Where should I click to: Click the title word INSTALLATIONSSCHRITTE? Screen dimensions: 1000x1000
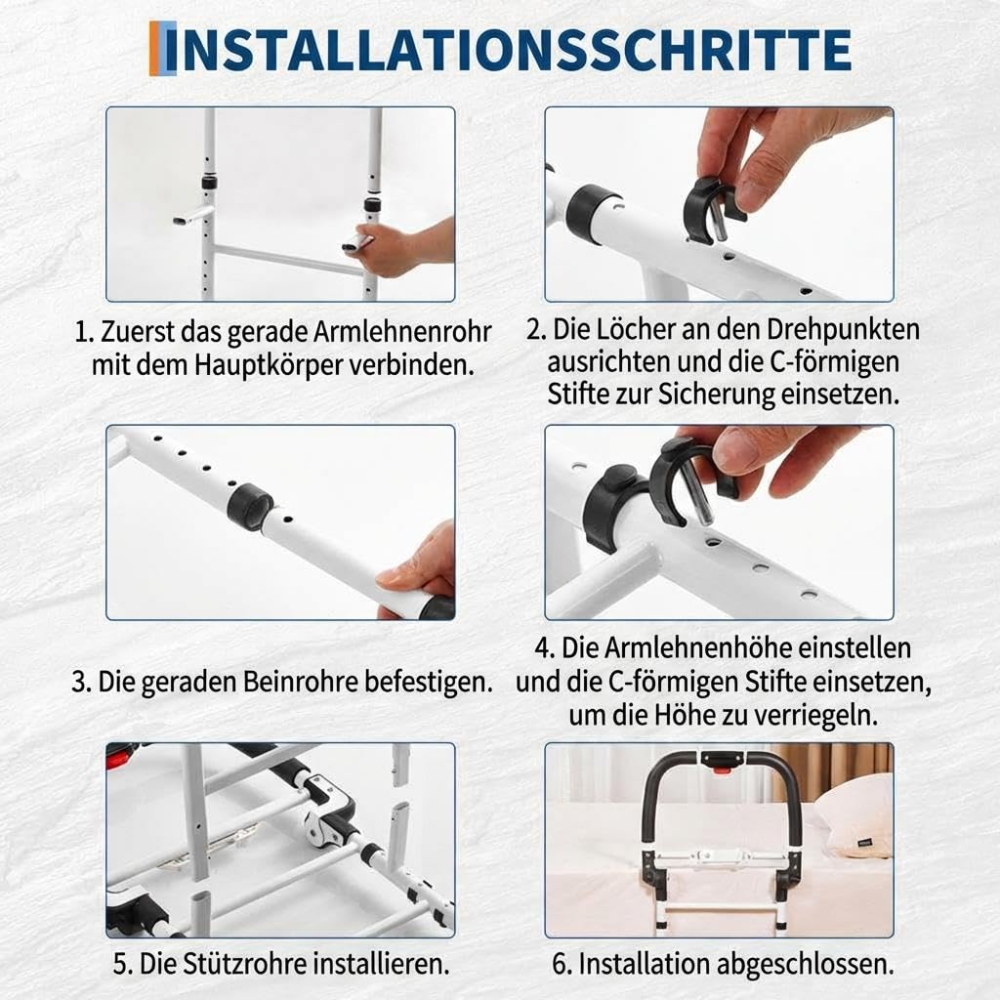(x=517, y=50)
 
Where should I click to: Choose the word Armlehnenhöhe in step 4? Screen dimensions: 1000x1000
(x=696, y=648)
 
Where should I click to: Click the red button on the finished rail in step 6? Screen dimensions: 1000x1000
(x=722, y=770)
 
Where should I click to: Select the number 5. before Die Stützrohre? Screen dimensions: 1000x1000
(x=122, y=964)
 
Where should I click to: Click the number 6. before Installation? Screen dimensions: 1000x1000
(x=562, y=964)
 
